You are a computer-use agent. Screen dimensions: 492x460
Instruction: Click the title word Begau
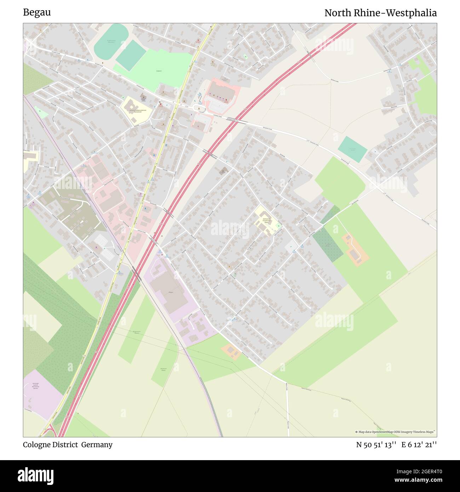(x=37, y=12)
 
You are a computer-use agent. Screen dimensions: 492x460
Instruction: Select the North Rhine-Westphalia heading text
(x=380, y=13)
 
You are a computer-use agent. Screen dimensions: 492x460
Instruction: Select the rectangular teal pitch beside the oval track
(x=131, y=55)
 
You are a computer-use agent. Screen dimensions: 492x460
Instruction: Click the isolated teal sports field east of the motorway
(x=352, y=149)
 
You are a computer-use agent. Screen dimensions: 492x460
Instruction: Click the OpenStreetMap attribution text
(x=395, y=432)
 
